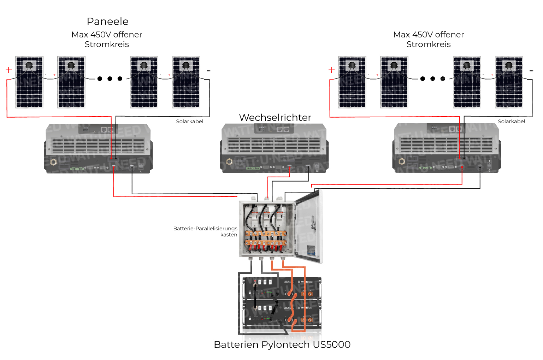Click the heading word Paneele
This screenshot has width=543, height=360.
107,22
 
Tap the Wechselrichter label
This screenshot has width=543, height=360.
275,118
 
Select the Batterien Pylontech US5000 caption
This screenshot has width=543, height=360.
282,344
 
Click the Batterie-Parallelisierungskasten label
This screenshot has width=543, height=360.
205,231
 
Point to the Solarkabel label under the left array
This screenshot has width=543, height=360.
189,122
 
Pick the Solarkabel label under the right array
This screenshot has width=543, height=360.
511,122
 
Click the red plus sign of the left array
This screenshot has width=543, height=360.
9,70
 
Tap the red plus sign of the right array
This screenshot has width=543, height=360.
331,70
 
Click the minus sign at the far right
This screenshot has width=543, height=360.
531,71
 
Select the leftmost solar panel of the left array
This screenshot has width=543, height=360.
29,82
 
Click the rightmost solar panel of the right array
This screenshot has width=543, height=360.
509,82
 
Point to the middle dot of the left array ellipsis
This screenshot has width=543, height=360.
110,78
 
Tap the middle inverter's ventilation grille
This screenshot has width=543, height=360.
274,145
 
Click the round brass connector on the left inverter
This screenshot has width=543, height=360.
54,162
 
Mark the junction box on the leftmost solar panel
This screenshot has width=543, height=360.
29,65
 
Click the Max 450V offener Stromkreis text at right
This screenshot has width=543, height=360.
428,39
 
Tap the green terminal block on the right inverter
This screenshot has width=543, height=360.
425,168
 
